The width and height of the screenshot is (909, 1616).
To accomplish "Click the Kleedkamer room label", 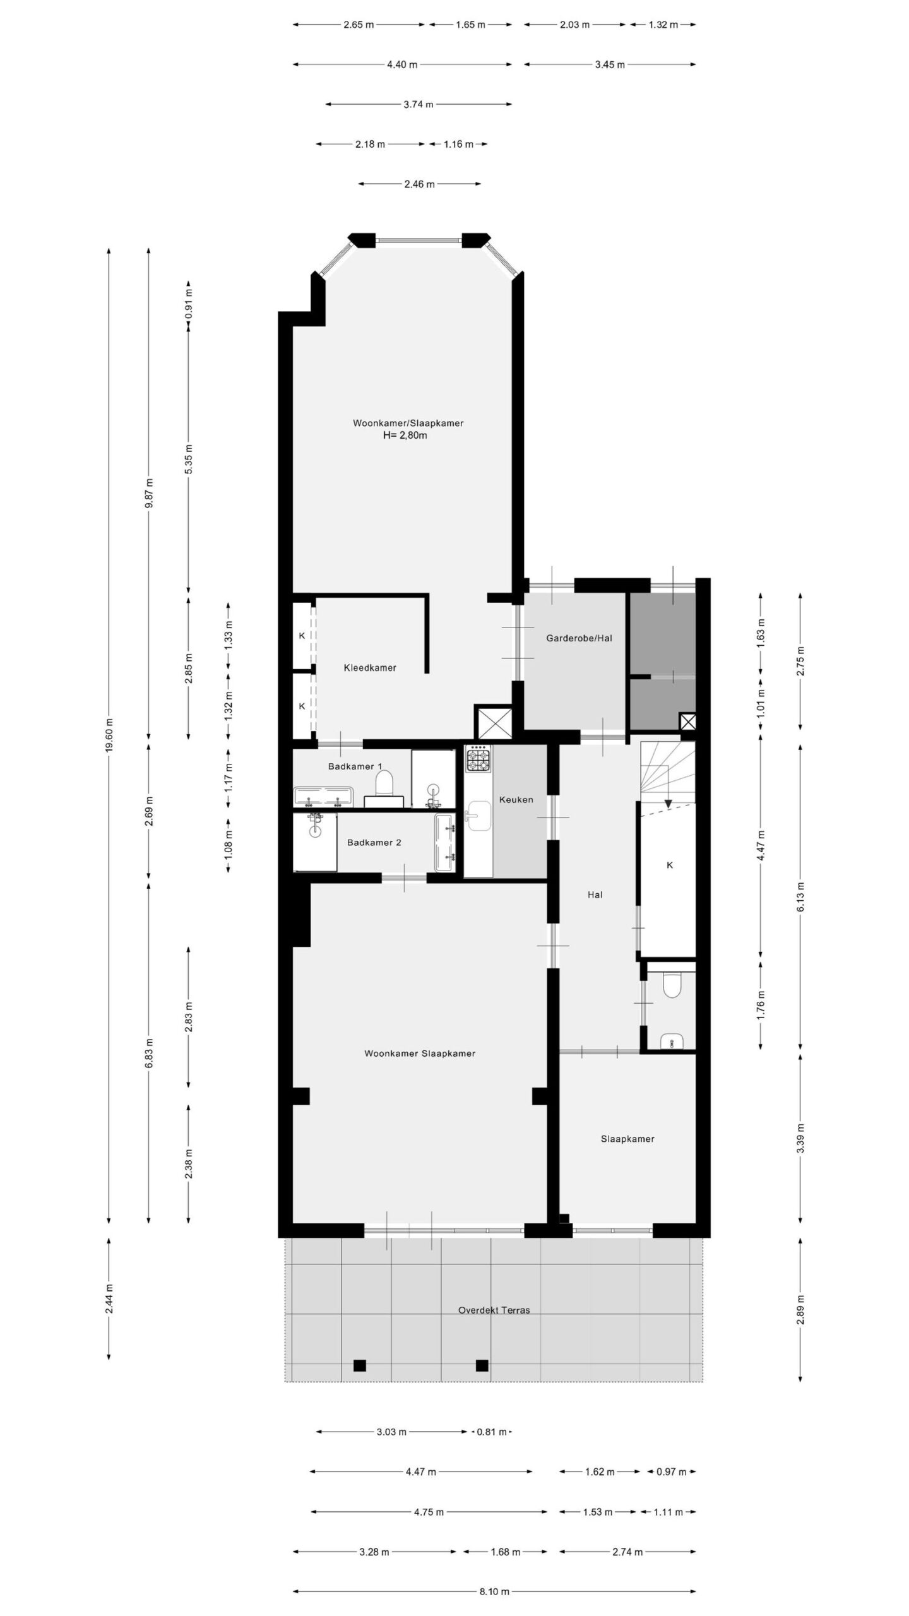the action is pos(370,667).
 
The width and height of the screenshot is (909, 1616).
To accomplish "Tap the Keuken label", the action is pos(516,799).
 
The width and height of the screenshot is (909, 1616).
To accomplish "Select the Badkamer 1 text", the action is pos(355,766).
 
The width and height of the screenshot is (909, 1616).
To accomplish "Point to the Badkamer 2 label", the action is pos(374,842).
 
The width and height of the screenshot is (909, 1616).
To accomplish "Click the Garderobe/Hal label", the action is pos(579,638).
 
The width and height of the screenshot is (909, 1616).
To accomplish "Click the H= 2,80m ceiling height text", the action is pos(405,435).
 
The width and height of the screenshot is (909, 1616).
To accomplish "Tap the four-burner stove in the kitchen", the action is pos(478,758).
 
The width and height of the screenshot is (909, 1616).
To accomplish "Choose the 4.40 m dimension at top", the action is pos(402,64).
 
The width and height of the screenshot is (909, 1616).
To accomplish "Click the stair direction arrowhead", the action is pos(668,804).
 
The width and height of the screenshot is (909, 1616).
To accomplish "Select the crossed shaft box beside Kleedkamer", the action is pos(493,722).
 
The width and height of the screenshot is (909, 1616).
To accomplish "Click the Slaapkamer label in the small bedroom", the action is pos(627,1139).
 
